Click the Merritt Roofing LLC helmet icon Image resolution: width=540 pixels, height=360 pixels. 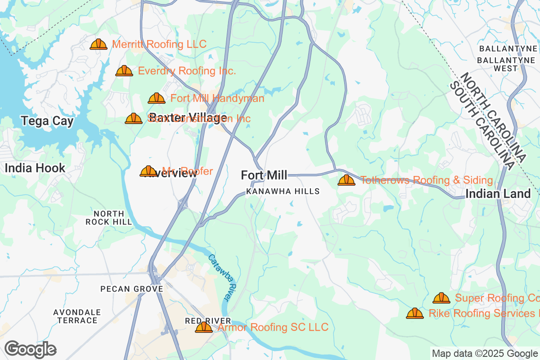tap(99, 44)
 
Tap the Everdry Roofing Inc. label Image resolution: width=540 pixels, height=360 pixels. tap(187, 71)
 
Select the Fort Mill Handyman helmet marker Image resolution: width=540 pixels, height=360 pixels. tap(157, 98)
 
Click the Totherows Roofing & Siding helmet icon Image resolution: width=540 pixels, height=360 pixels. tap(346, 180)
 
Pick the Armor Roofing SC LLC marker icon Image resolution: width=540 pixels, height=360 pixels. tap(203, 327)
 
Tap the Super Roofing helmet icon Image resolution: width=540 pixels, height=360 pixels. tap(441, 298)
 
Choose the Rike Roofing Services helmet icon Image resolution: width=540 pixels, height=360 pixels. tap(414, 313)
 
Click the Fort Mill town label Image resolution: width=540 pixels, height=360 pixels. tap(264, 175)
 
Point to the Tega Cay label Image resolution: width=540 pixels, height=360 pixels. tap(47, 121)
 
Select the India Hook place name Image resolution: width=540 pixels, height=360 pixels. tap(35, 168)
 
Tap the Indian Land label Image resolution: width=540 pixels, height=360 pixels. tap(498, 194)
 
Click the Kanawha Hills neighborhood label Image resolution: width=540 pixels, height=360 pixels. tap(283, 191)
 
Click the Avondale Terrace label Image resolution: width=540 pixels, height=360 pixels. tap(77, 316)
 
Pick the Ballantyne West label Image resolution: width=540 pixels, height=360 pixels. tap(505, 64)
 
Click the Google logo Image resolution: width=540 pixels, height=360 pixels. tap(30, 349)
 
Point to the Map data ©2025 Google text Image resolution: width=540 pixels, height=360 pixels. tap(485, 353)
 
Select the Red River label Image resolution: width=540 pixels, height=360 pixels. tap(208, 320)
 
